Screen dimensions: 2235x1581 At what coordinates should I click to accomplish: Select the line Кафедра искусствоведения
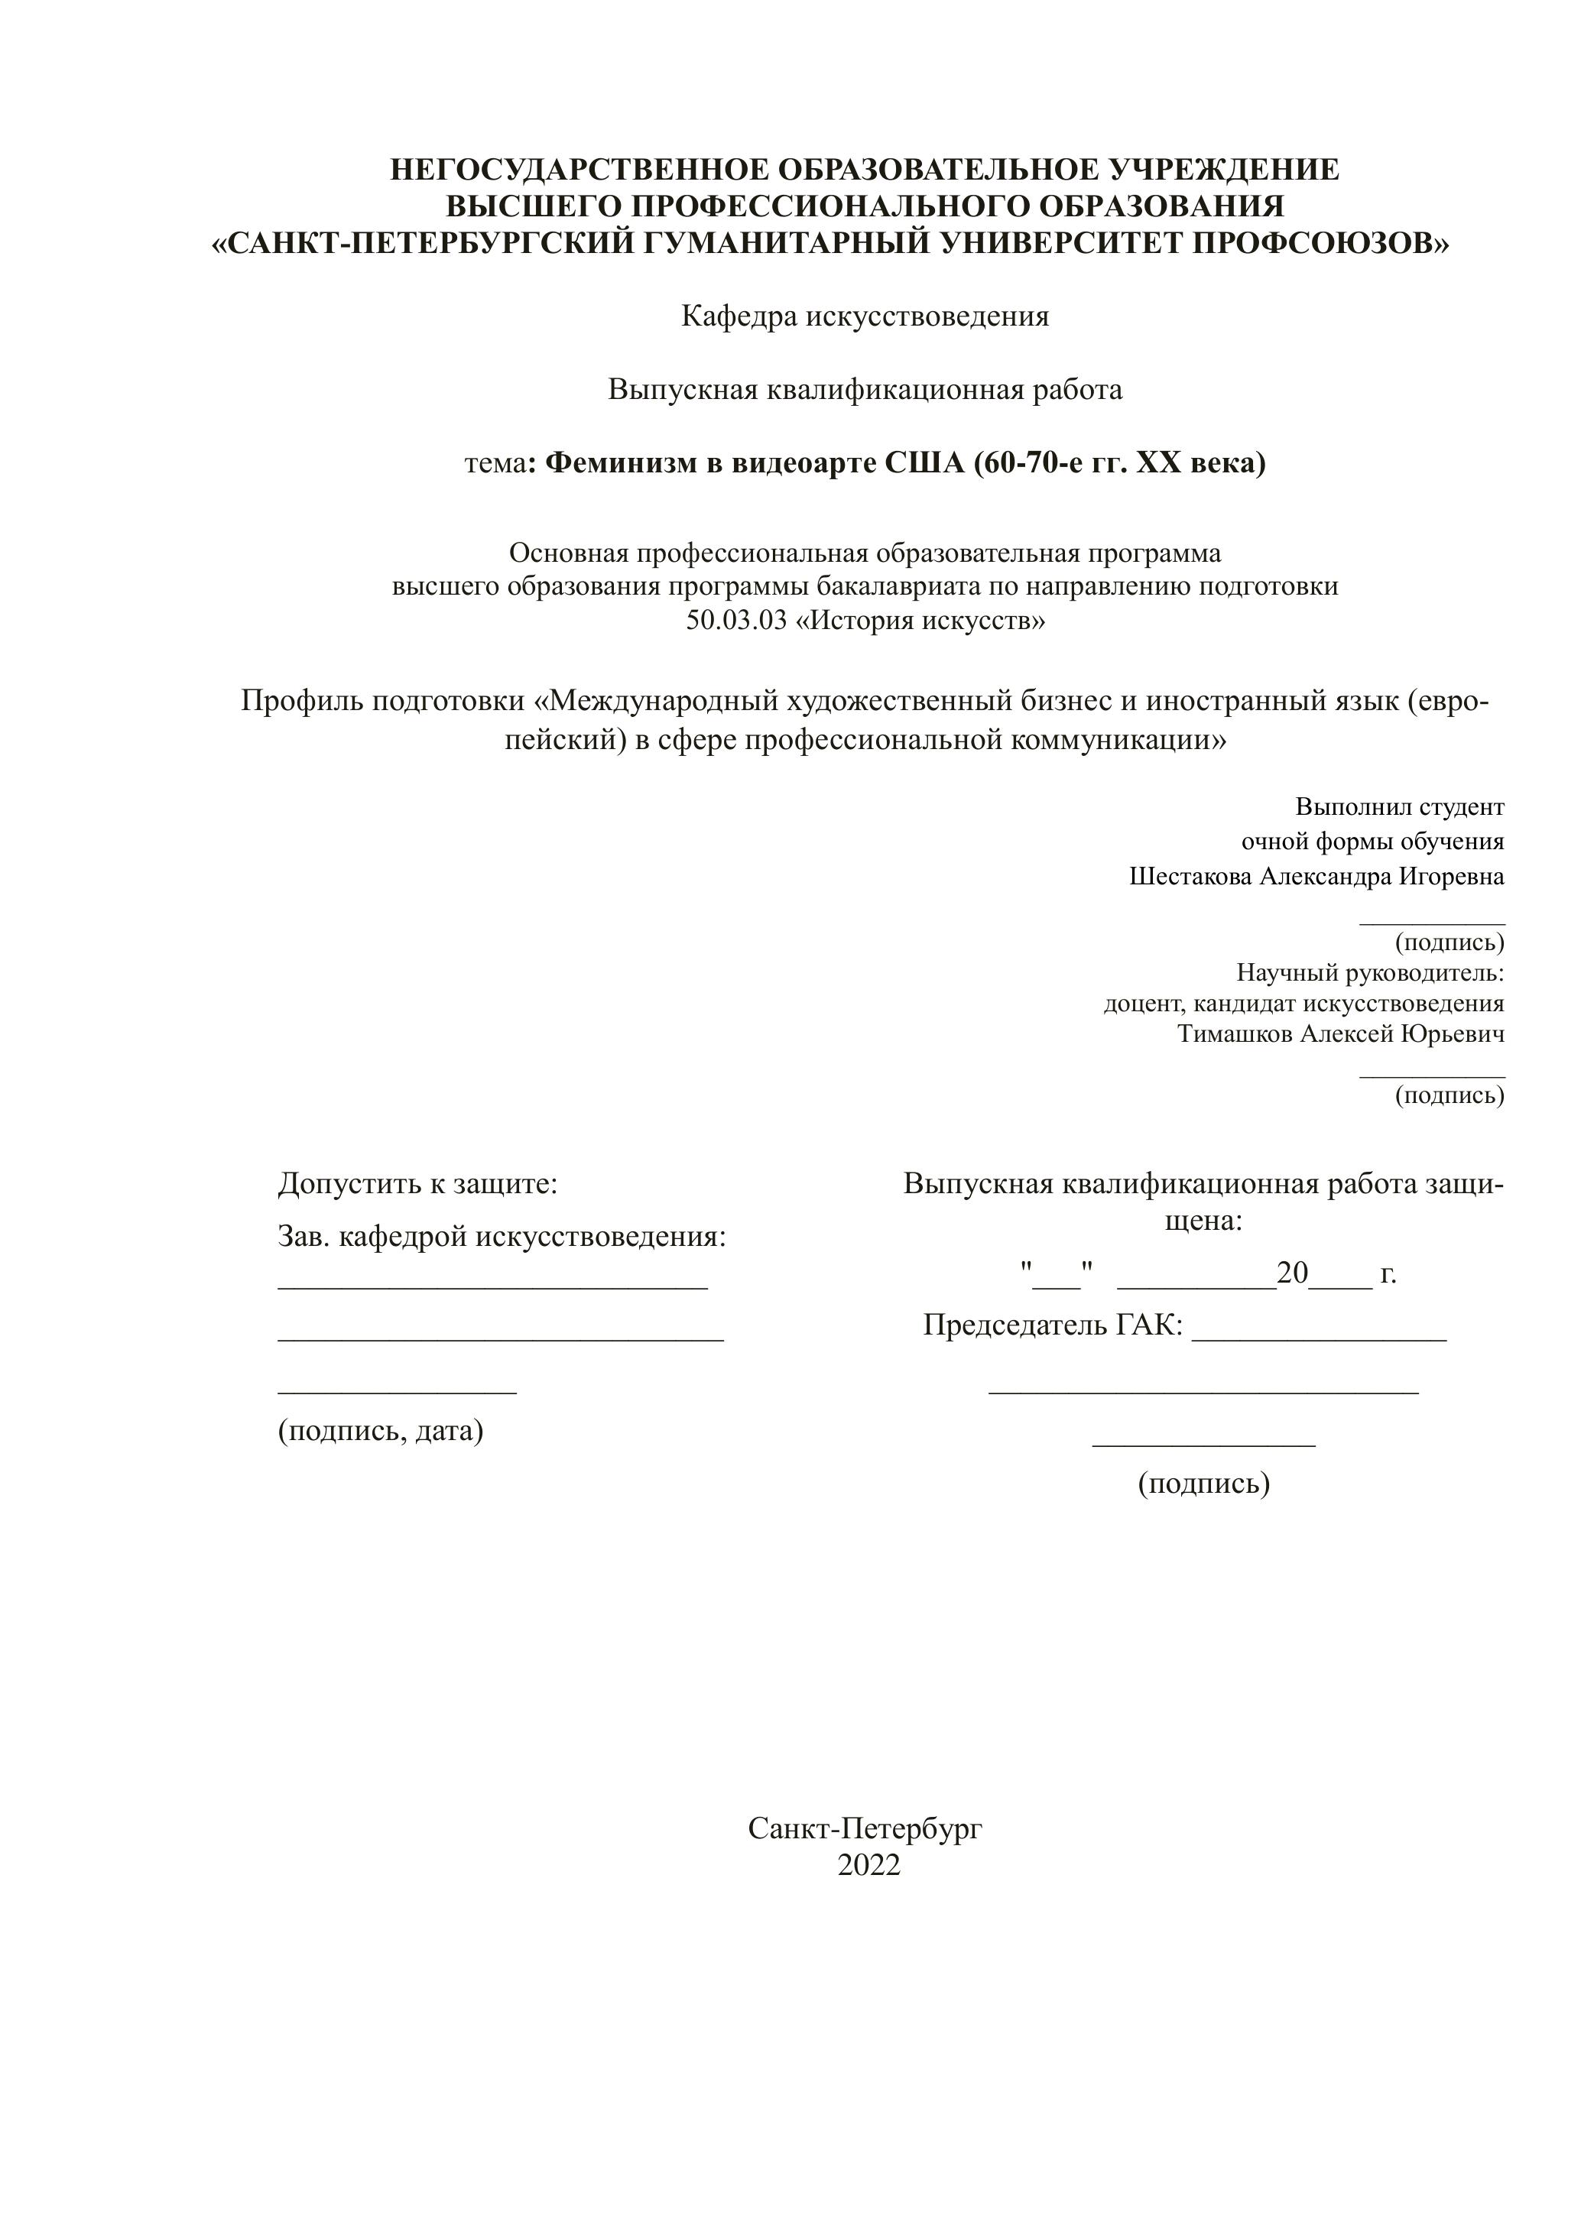click(865, 316)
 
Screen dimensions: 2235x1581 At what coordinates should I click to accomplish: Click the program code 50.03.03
click(735, 620)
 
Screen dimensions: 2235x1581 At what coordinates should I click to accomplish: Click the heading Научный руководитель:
click(1370, 972)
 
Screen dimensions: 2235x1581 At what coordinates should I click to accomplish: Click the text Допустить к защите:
click(417, 1184)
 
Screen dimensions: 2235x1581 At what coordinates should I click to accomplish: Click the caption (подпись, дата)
click(381, 1430)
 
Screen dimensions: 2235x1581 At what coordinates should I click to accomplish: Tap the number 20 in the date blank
click(1292, 1273)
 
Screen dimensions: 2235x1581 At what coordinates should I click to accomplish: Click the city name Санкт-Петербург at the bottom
click(865, 1829)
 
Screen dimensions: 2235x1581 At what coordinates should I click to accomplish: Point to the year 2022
click(868, 1865)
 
